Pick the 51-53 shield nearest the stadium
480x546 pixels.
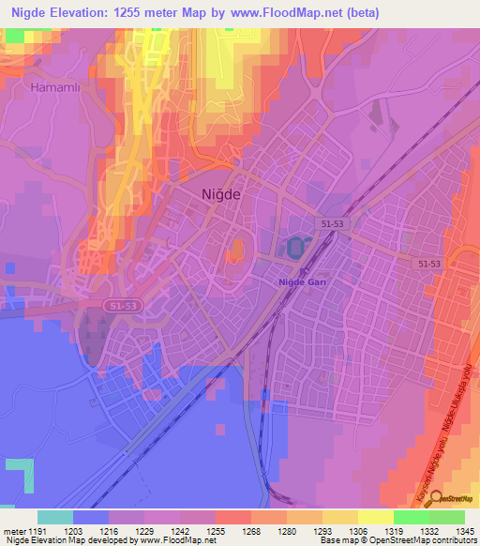[333, 224]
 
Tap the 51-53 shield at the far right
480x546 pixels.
[430, 265]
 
